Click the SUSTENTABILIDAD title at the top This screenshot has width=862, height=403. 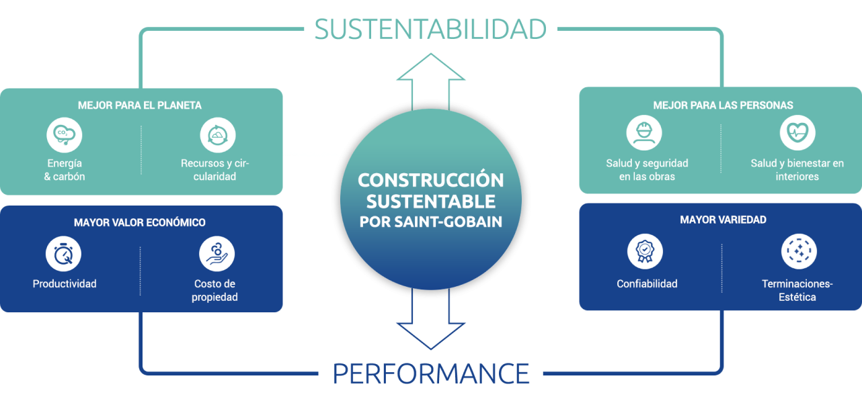[430, 29]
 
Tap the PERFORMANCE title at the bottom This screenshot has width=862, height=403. [431, 373]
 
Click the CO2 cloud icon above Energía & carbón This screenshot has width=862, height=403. [64, 135]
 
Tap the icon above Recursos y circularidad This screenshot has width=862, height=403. [218, 135]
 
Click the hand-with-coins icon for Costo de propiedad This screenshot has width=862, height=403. [217, 254]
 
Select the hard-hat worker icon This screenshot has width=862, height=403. [644, 133]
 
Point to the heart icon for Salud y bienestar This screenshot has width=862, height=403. [797, 133]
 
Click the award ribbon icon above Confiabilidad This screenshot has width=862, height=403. [645, 252]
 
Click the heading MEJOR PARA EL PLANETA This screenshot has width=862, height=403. [140, 105]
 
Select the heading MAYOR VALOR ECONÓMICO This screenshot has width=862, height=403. [140, 222]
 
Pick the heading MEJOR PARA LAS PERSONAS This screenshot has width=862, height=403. [723, 105]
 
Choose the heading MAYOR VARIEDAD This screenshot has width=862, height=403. [723, 220]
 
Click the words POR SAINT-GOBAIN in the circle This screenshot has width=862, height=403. [431, 222]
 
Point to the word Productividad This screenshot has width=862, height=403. [65, 283]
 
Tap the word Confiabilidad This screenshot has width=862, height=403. [647, 283]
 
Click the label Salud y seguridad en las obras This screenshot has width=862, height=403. [647, 170]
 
